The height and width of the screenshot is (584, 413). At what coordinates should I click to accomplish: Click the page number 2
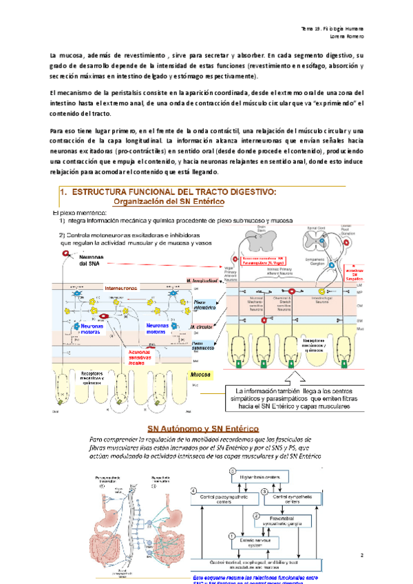(x=361, y=554)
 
